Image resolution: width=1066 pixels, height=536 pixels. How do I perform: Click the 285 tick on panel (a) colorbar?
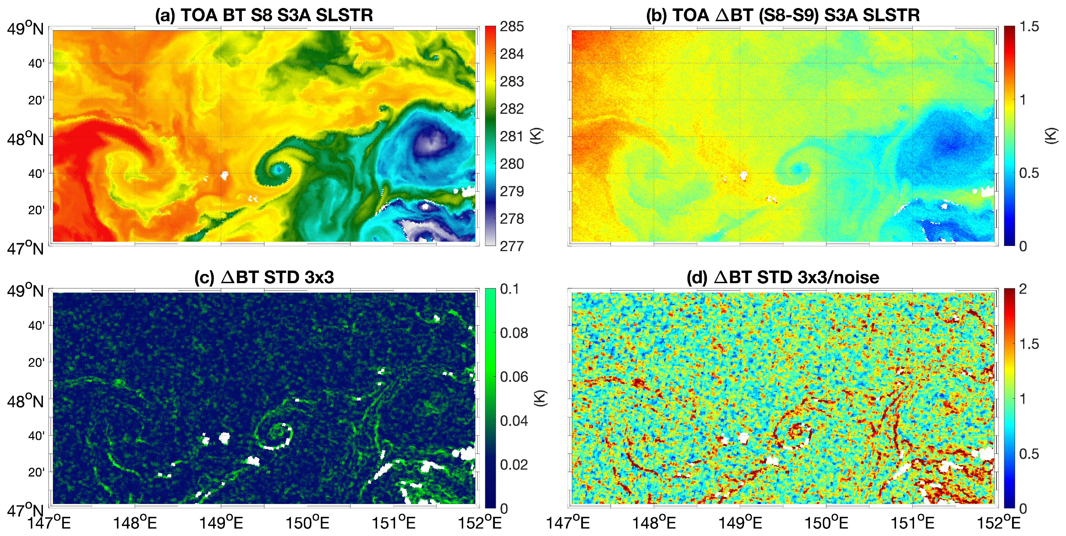coord(512,27)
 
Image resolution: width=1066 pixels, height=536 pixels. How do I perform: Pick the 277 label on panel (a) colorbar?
coord(512,247)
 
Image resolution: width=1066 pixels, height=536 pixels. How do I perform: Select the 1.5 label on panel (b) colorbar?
coord(1029,27)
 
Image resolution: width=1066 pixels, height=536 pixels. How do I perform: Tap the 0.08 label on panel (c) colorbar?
coord(514,333)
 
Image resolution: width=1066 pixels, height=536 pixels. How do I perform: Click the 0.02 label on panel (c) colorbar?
coord(514,465)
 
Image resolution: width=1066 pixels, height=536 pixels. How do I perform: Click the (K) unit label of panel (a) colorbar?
coord(537,136)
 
